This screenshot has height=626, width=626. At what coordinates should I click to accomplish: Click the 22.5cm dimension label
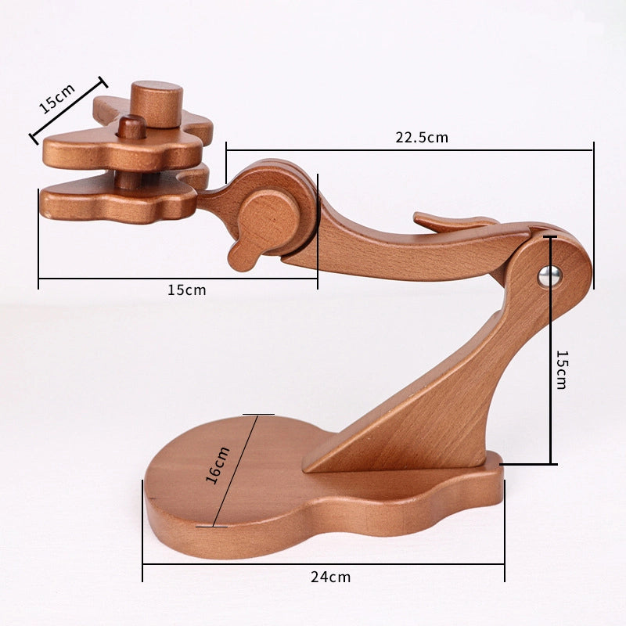(421, 138)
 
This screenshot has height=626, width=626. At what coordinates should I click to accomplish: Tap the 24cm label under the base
(330, 577)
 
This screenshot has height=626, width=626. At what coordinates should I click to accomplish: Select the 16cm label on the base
(218, 466)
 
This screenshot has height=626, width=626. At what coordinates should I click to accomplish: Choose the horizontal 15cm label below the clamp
(186, 290)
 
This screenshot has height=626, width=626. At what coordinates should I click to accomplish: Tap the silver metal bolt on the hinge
(550, 275)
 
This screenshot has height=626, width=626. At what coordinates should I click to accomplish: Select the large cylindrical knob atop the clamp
(156, 103)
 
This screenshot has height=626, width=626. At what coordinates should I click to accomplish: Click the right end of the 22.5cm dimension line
(593, 150)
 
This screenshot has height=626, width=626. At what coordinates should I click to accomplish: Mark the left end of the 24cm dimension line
(143, 563)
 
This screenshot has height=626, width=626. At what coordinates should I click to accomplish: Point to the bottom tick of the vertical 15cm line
(551, 464)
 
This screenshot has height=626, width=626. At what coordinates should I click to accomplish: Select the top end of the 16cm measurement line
(257, 415)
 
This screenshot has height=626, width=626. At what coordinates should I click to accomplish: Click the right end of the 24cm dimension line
(504, 563)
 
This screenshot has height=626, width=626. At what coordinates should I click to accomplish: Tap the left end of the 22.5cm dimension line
(226, 150)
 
